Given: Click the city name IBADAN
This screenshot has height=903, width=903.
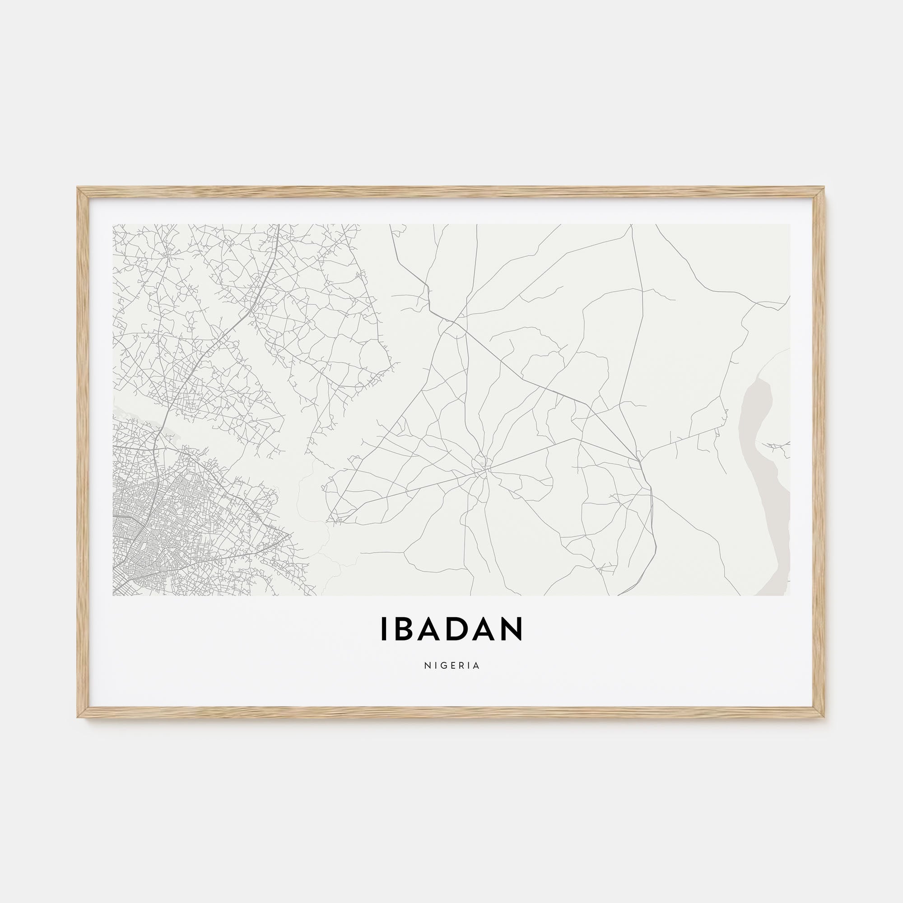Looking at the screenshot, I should click(x=451, y=628).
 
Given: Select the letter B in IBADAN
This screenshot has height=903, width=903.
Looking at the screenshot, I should click(x=404, y=628).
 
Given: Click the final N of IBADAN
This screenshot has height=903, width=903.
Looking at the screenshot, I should click(x=512, y=628).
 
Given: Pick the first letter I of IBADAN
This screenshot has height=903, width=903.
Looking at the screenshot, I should click(x=384, y=628).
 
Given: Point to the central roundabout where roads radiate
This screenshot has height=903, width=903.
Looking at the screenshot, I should click(x=481, y=465).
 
